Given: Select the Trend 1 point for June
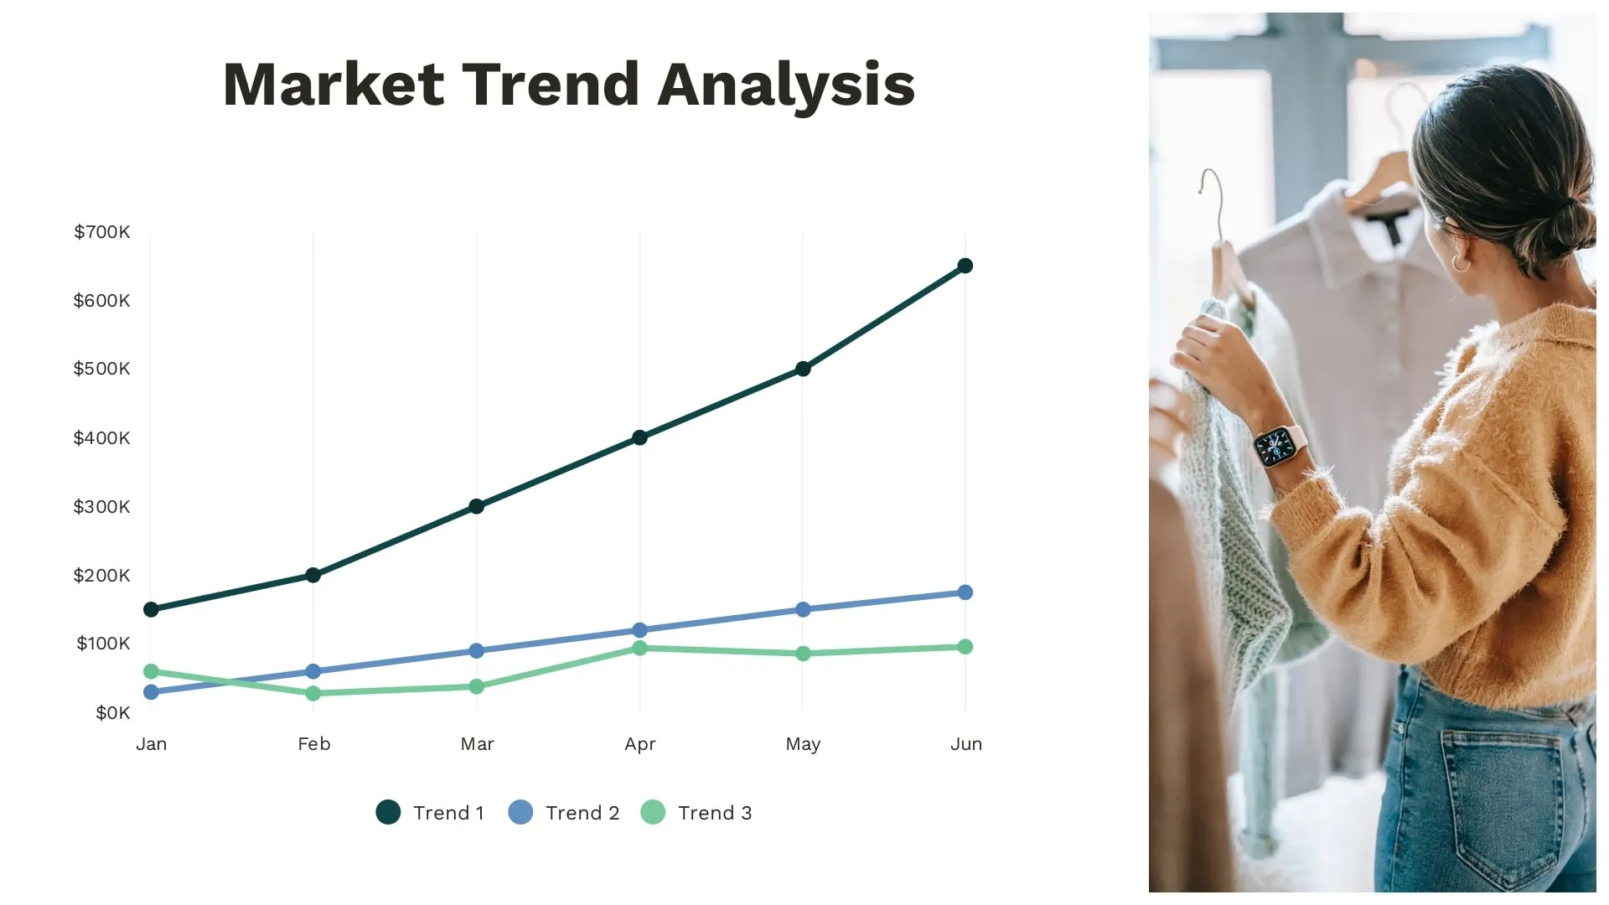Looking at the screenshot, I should tap(965, 266).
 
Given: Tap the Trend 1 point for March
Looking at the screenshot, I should tap(476, 506).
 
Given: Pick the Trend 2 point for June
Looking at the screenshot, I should tap(965, 592).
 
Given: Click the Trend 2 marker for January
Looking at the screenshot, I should tap(151, 692).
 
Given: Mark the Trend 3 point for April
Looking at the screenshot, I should tap(639, 648).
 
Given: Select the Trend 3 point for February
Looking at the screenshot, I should tap(313, 693).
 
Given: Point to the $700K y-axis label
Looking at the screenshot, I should tap(101, 232).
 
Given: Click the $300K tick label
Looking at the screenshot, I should tap(101, 507).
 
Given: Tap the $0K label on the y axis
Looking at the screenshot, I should tap(112, 713).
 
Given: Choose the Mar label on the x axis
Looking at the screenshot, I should tap(477, 744).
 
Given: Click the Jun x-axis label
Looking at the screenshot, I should tap(965, 744).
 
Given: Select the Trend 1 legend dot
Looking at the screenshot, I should tap(388, 812).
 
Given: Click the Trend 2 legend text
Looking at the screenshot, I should tap(582, 813).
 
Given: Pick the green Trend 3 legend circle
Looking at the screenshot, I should tap(653, 812).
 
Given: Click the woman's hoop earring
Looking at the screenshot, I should tap(1461, 263).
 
